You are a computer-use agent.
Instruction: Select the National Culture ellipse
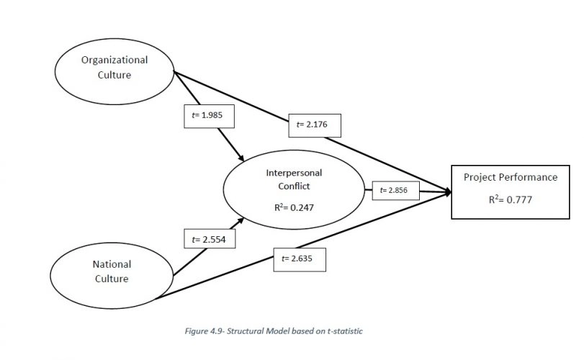tap(112, 271)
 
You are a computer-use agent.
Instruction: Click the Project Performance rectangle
tap(509, 191)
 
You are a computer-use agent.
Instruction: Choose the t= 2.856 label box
tap(393, 191)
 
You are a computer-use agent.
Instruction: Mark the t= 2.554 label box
tap(209, 239)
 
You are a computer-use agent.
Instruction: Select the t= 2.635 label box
tap(300, 258)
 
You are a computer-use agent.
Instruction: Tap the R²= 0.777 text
tap(509, 199)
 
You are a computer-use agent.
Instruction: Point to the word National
tap(112, 264)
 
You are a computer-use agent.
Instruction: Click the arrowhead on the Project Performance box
tap(448, 192)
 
